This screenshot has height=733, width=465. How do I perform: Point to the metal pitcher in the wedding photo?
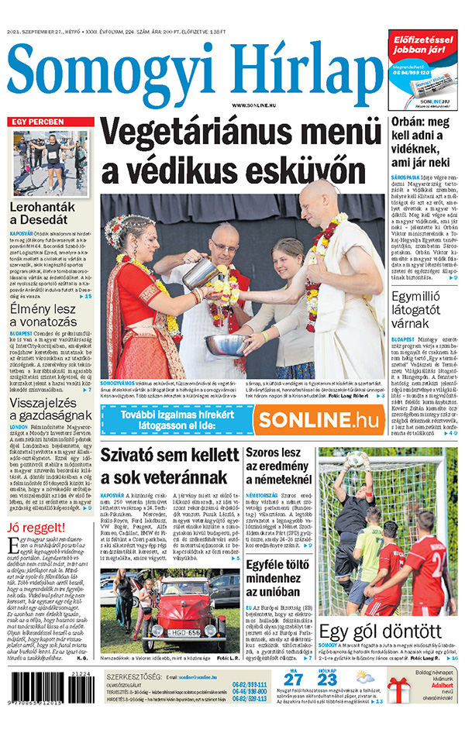pyautogui.click(x=198, y=272)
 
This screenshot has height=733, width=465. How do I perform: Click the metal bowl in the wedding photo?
pyautogui.click(x=226, y=343)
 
